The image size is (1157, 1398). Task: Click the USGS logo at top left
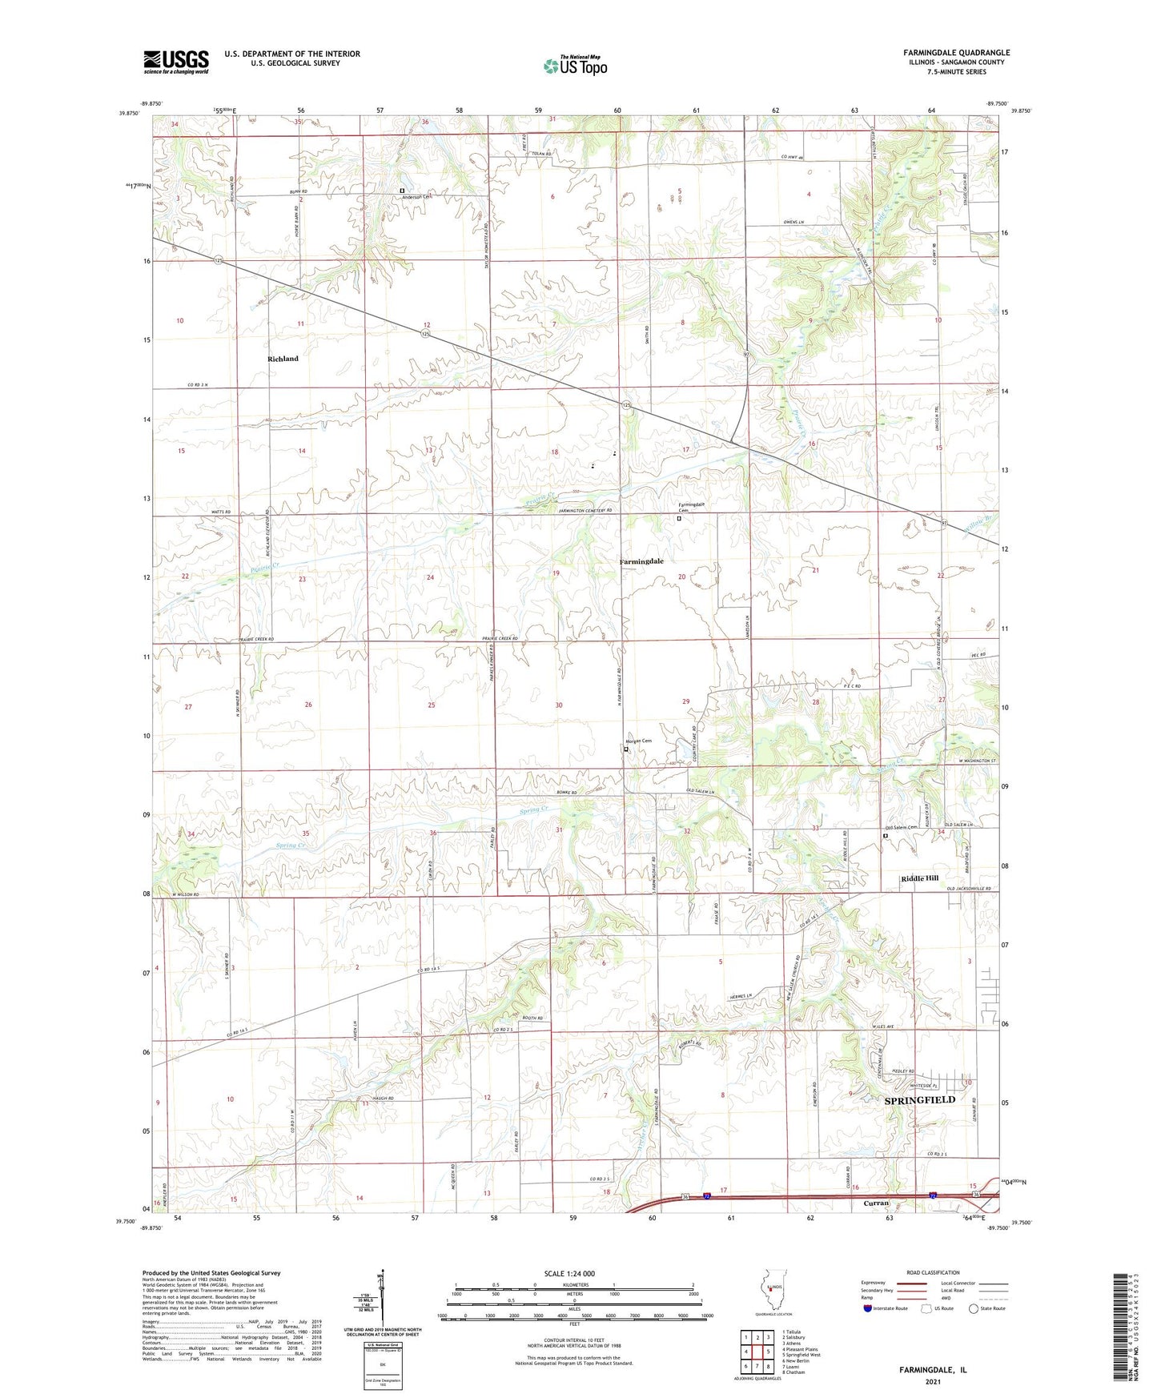click(x=176, y=62)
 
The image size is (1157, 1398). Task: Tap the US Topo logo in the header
click(x=574, y=66)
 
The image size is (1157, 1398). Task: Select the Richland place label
click(x=283, y=359)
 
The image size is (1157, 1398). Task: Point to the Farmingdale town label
click(x=641, y=561)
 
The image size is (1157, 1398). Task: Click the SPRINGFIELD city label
click(x=919, y=1100)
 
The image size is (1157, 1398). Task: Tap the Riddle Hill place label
click(x=919, y=878)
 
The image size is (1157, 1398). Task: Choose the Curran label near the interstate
click(x=877, y=1203)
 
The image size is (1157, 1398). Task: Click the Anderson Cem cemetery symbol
click(x=403, y=190)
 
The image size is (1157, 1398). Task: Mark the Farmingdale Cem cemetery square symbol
click(x=679, y=518)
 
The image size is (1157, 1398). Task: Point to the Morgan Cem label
click(x=641, y=741)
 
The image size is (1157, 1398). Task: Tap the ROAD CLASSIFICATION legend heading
click(x=934, y=1272)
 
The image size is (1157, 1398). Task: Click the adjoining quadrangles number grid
click(x=757, y=1352)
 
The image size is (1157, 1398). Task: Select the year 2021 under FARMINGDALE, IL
click(x=932, y=1382)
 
